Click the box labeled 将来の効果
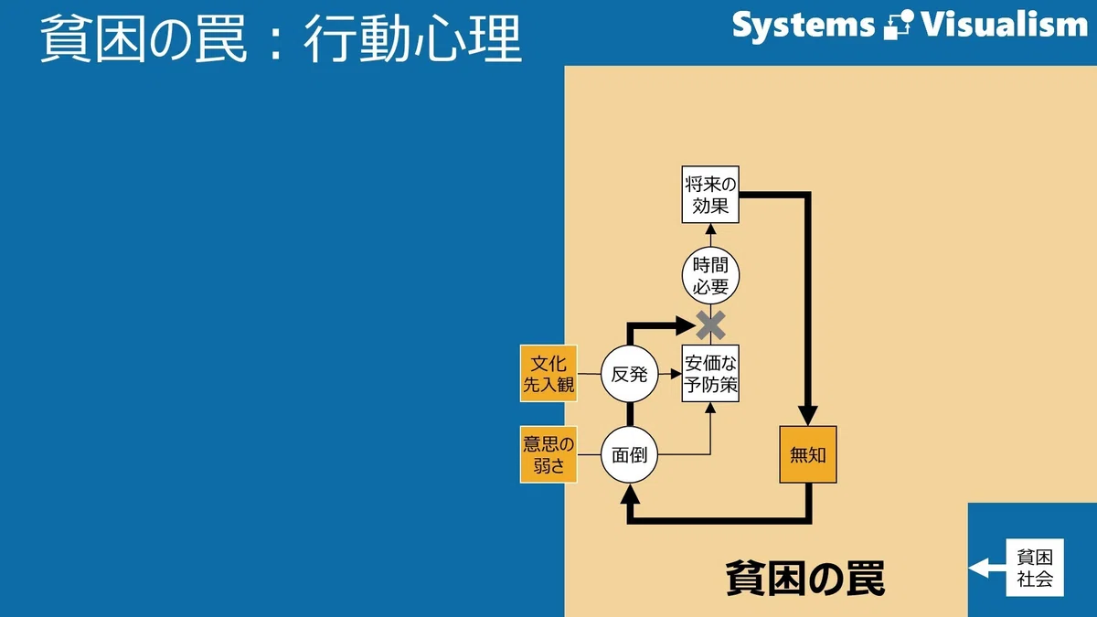pyautogui.click(x=710, y=195)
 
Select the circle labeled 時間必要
pyautogui.click(x=710, y=276)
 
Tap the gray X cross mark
pyautogui.click(x=710, y=325)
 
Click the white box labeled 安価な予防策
pyautogui.click(x=710, y=374)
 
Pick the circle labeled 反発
pyautogui.click(x=629, y=374)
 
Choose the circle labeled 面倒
pyautogui.click(x=629, y=455)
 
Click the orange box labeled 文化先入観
pyautogui.click(x=548, y=374)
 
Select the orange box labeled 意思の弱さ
pyautogui.click(x=548, y=455)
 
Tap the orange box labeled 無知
pyautogui.click(x=808, y=455)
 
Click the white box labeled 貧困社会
pyautogui.click(x=1035, y=568)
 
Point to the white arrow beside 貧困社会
pyautogui.click(x=987, y=568)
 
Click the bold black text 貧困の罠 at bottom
pyautogui.click(x=805, y=579)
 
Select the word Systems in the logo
pyautogui.click(x=804, y=26)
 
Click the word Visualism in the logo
pyautogui.click(x=1004, y=25)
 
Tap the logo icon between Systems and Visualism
pyautogui.click(x=899, y=25)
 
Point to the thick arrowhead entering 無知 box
pyautogui.click(x=808, y=416)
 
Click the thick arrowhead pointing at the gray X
pyautogui.click(x=686, y=325)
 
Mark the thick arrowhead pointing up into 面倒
pyautogui.click(x=630, y=495)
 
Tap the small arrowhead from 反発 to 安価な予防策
pyautogui.click(x=676, y=374)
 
